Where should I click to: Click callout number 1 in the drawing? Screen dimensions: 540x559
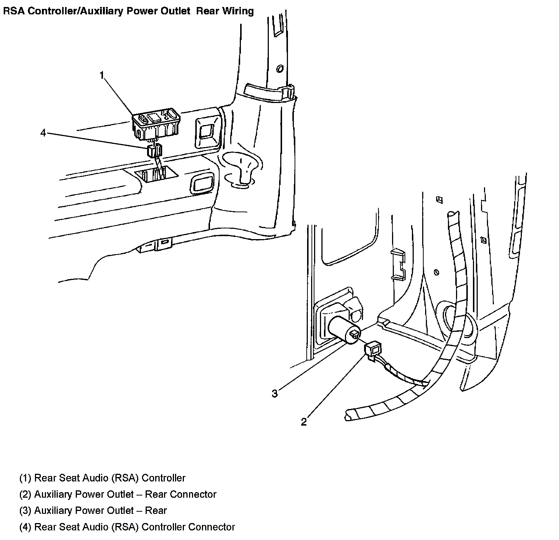point(102,76)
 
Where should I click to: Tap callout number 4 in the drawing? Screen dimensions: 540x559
point(43,133)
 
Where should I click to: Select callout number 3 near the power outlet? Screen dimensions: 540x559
point(275,394)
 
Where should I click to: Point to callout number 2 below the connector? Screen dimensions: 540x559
point(303,422)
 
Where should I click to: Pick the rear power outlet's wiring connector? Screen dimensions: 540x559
point(373,348)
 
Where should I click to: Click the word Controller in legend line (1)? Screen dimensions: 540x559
point(164,478)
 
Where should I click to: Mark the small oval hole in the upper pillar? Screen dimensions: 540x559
point(279,68)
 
